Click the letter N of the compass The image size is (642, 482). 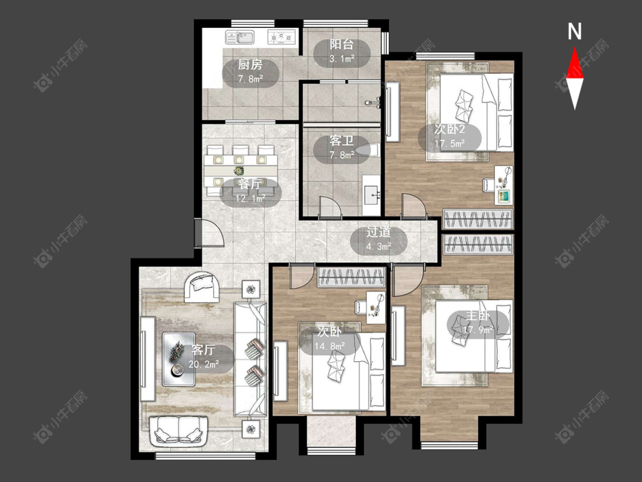point(575,31)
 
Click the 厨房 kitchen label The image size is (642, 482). point(250,65)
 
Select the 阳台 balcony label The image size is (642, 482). point(341,45)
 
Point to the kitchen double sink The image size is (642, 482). point(240,37)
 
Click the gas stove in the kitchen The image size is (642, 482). point(281,37)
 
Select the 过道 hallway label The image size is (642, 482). point(378,232)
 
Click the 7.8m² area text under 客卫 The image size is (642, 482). point(341,155)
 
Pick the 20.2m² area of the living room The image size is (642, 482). point(204,364)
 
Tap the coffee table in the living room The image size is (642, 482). point(179,359)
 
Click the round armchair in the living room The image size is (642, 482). point(202,287)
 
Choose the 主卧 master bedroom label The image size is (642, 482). point(478,316)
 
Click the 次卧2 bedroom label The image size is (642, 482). point(450,130)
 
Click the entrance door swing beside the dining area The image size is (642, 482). point(209,233)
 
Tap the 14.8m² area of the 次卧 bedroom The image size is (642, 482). point(330,346)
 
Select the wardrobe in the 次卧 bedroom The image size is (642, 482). point(352,277)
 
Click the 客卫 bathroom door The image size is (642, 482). point(330,206)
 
